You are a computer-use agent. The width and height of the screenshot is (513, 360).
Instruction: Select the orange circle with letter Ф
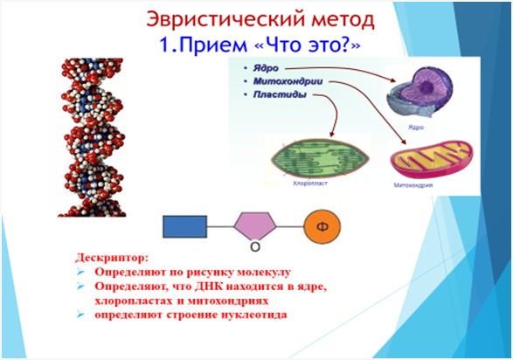pyautogui.click(x=322, y=226)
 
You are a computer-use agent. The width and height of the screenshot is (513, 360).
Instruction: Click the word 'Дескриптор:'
pyautogui.click(x=111, y=259)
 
